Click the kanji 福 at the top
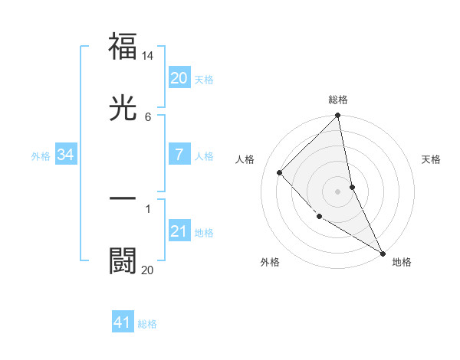[123, 47]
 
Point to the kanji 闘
[123, 260]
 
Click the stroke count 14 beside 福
[148, 56]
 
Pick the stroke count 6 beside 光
[148, 116]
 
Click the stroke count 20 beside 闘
[147, 270]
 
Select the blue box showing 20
[179, 78]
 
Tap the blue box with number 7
[179, 155]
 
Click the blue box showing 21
[179, 231]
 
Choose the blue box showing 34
[66, 155]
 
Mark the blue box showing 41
[123, 322]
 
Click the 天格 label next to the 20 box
[204, 80]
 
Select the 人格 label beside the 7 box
[204, 156]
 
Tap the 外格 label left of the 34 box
[41, 156]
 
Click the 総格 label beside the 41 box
[147, 324]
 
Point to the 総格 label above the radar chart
[338, 100]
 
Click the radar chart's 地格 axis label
[402, 262]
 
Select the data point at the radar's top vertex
[338, 116]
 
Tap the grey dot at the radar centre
[338, 191]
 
